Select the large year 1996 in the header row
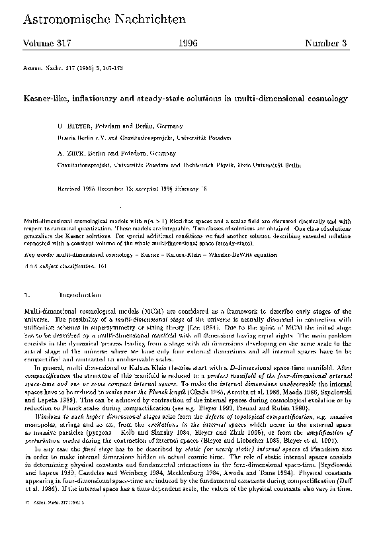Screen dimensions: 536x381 coord(190,44)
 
